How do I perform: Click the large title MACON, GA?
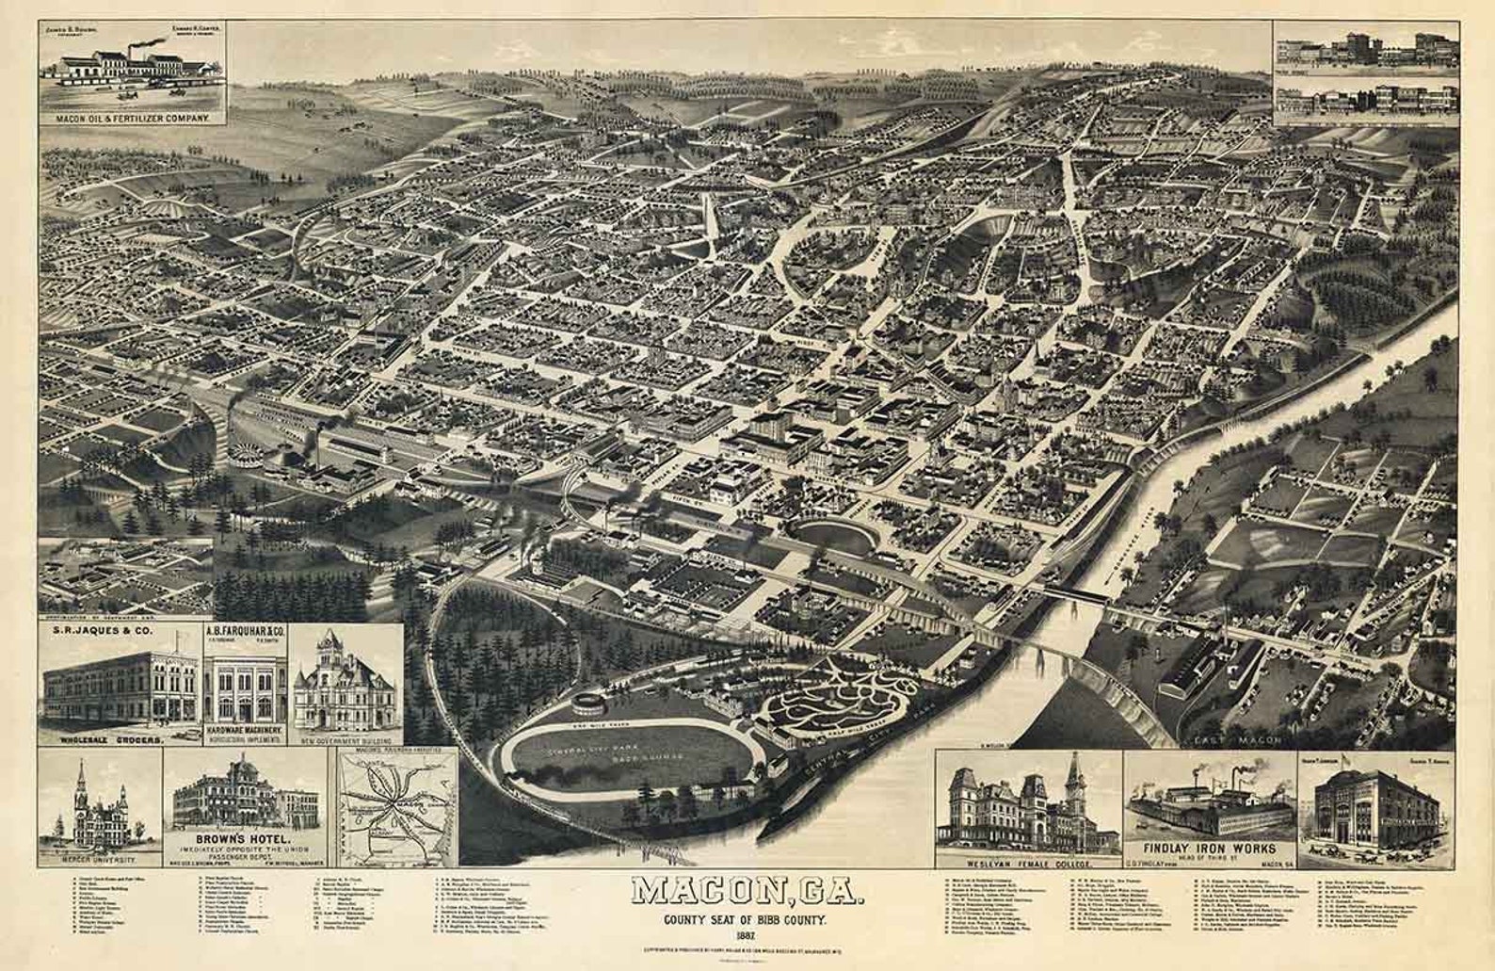747,891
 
